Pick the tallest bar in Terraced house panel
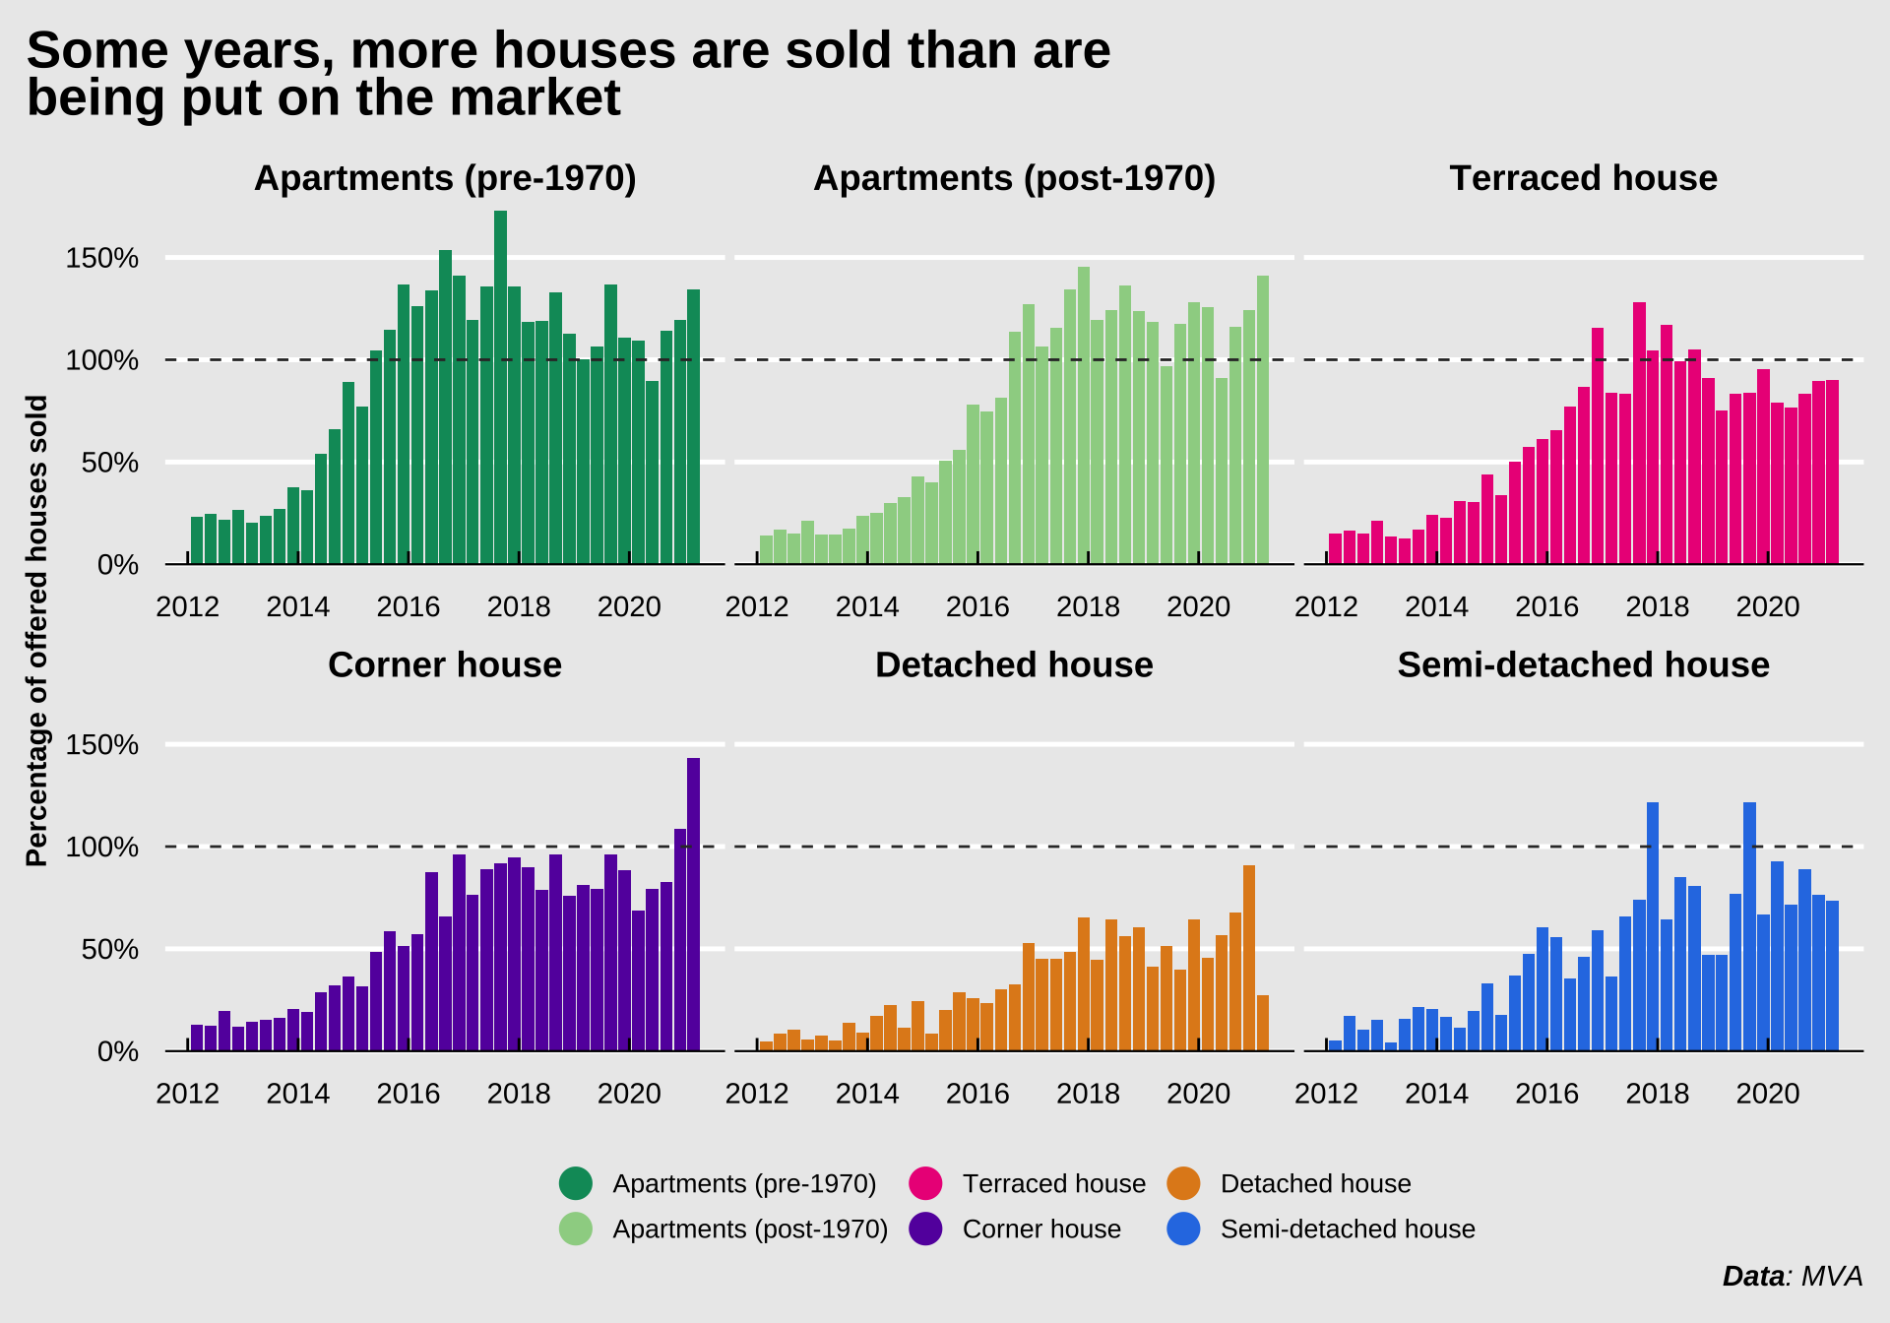[x=1639, y=433]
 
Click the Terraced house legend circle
[x=926, y=1183]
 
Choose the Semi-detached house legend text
[x=1347, y=1228]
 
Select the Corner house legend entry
[x=1040, y=1228]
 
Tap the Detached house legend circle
[x=1183, y=1183]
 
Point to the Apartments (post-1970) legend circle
[x=576, y=1228]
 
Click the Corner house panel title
[x=445, y=665]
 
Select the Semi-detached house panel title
[x=1583, y=665]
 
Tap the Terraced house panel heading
[x=1583, y=178]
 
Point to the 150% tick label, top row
[x=102, y=258]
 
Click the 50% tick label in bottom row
[x=110, y=950]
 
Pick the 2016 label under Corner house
[x=409, y=1094]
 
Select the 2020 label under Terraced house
[x=1767, y=606]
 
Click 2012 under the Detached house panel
[x=757, y=1094]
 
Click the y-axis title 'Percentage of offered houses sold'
[x=37, y=630]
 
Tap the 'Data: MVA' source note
[x=1792, y=1277]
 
